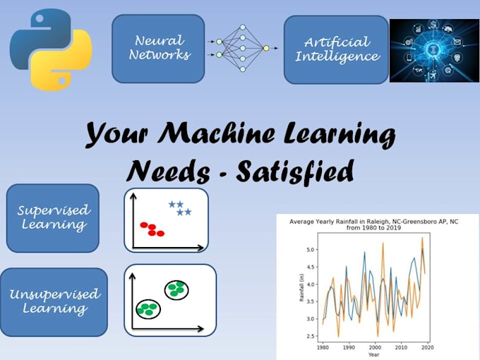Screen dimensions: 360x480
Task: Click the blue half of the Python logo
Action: tap(35, 32)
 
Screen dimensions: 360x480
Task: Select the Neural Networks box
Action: tap(158, 48)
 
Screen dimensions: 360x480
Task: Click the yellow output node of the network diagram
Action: tap(266, 48)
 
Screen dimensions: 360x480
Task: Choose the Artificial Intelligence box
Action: tap(336, 49)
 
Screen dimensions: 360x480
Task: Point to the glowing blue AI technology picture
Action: tap(434, 50)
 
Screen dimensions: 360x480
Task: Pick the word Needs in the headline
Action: tap(167, 170)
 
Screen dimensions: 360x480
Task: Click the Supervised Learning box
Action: tap(52, 217)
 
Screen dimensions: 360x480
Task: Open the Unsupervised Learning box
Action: tap(54, 301)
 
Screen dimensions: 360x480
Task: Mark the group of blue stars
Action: tap(180, 208)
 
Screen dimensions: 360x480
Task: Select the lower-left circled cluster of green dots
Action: tap(148, 308)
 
